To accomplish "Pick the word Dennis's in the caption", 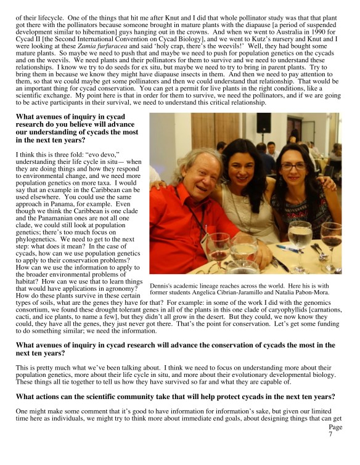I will tap(162, 285).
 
